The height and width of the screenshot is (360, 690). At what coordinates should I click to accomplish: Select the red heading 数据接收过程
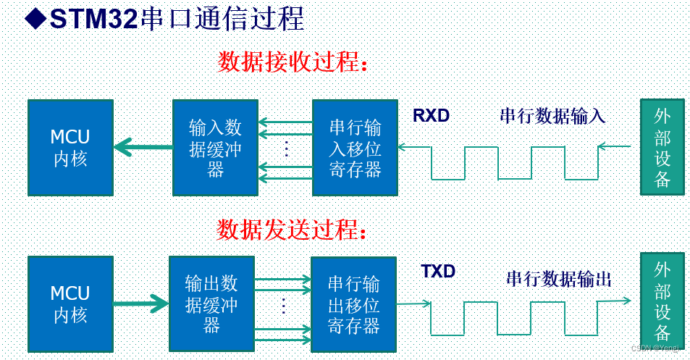click(293, 62)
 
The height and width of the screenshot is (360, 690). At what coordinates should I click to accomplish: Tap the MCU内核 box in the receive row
click(70, 148)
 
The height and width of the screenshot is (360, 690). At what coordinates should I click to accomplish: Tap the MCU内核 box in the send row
click(70, 304)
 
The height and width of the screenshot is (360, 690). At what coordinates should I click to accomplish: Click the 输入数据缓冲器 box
click(215, 148)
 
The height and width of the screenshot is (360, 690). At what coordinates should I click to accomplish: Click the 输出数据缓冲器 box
click(211, 304)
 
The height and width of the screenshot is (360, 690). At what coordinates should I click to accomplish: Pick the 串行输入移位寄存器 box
click(355, 148)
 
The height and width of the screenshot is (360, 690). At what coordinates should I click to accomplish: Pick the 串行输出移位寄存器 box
click(353, 304)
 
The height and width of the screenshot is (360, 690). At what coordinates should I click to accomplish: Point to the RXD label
click(431, 115)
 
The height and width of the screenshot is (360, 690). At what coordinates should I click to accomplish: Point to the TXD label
click(438, 272)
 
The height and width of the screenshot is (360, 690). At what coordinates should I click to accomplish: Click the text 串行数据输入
click(552, 115)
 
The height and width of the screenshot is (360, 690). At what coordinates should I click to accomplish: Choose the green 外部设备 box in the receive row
click(662, 148)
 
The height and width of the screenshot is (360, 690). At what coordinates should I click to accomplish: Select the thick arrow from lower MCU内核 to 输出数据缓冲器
click(140, 304)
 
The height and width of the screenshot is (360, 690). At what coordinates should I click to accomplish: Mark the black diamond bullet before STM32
click(35, 19)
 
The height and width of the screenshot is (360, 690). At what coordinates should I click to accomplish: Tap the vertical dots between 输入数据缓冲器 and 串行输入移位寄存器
click(286, 148)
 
